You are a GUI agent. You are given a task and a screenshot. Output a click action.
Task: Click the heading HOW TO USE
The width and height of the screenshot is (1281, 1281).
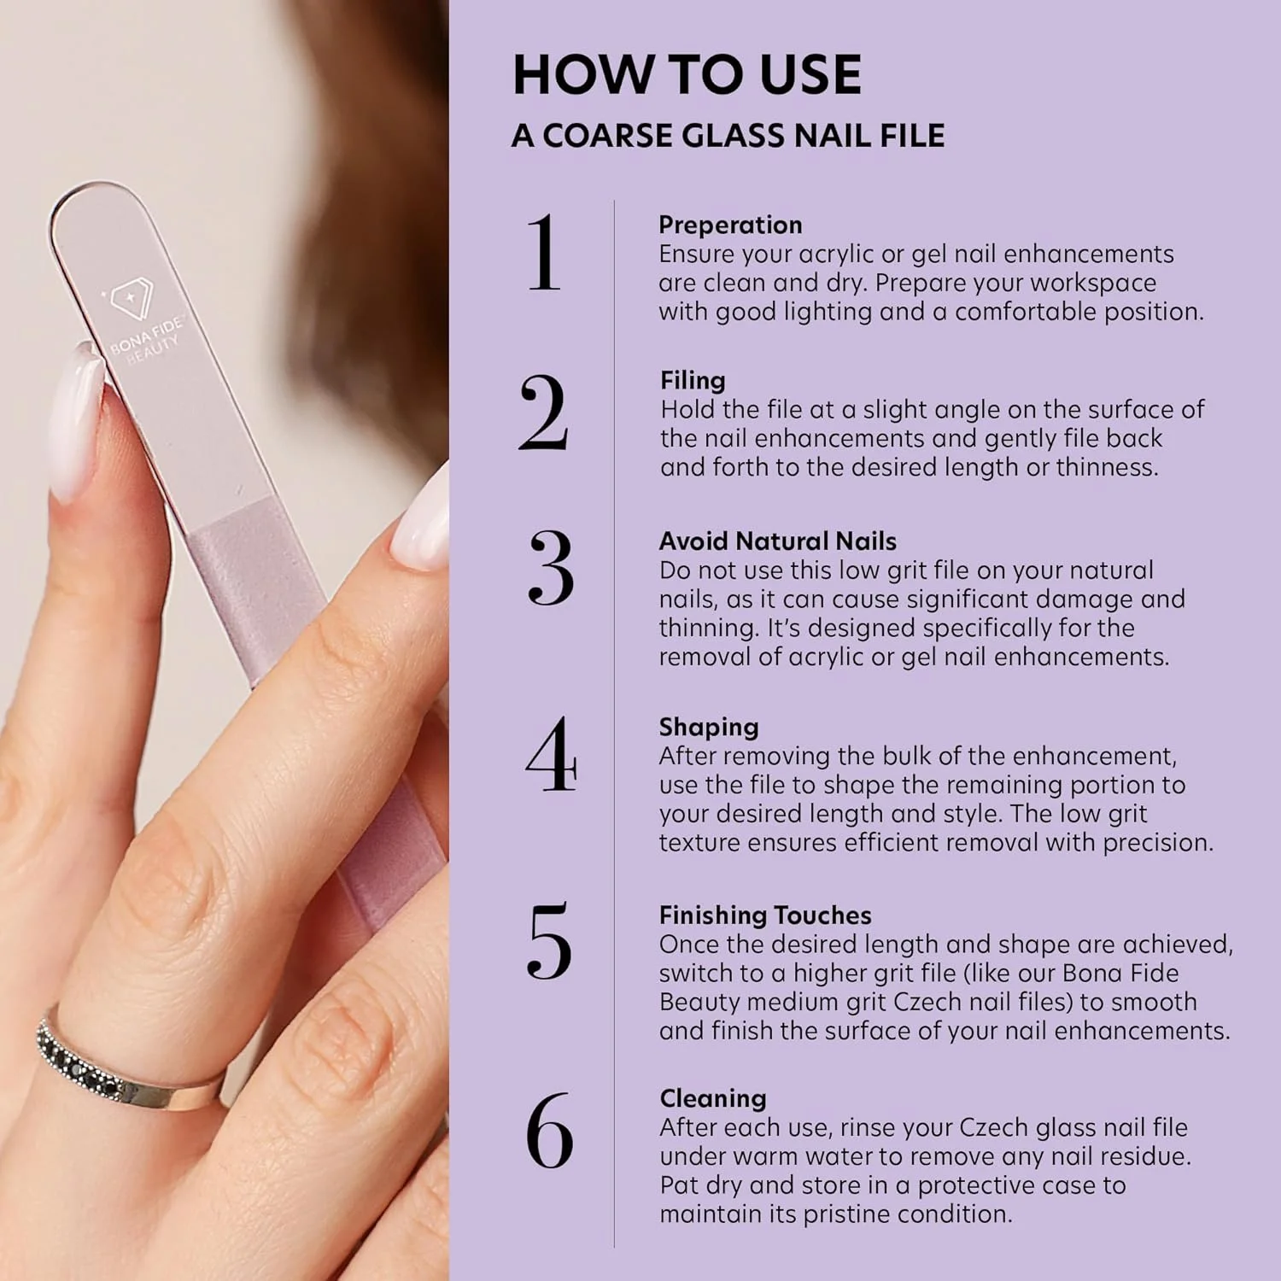point(687,74)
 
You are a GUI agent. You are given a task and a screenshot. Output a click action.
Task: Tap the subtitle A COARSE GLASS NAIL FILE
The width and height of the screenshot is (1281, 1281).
point(728,136)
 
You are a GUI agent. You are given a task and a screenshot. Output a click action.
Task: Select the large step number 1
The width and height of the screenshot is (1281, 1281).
point(543,253)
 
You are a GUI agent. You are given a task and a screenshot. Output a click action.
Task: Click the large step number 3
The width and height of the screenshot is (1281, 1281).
point(551,567)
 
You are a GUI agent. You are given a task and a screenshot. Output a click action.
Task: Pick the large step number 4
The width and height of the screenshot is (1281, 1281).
point(551,753)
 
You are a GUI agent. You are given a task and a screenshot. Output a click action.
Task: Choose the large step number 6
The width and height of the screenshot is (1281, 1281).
point(549,1130)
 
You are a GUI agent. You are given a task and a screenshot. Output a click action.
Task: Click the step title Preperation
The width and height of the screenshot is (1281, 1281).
point(730,225)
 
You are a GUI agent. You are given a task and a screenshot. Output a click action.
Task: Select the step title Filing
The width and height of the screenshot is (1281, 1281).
point(693,381)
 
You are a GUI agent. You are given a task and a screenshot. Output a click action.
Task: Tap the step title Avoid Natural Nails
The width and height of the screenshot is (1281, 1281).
point(777,541)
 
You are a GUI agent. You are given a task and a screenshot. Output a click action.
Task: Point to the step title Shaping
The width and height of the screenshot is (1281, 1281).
point(709,728)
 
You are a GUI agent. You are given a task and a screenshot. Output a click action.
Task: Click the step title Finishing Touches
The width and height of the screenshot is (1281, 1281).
point(765,915)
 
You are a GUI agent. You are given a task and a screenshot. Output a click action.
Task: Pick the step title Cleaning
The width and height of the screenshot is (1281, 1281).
point(713,1098)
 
